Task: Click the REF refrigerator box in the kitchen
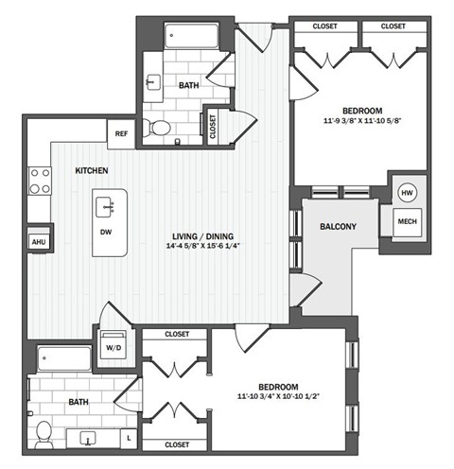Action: point(121,133)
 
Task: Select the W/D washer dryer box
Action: point(113,345)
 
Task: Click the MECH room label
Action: point(408,222)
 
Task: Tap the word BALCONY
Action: point(338,227)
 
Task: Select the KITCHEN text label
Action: point(92,171)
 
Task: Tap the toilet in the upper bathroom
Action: point(162,128)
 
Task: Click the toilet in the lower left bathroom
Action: point(42,434)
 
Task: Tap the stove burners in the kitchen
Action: point(40,180)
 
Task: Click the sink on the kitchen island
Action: point(107,202)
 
